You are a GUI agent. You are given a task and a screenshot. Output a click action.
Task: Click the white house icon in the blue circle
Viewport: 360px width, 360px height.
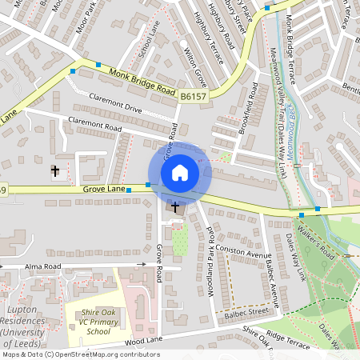click(180, 173)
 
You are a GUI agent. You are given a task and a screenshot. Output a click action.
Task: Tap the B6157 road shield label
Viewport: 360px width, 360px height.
click(191, 96)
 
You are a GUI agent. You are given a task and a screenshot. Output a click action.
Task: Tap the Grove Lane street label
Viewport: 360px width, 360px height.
click(105, 189)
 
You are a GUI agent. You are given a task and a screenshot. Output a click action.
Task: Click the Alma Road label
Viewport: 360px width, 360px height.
click(42, 265)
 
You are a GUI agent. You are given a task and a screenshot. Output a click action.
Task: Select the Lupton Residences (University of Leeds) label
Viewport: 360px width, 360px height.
click(29, 320)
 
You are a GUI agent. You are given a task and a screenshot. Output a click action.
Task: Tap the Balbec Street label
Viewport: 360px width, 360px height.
click(246, 310)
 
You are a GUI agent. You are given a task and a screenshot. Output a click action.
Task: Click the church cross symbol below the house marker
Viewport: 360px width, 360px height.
click(175, 207)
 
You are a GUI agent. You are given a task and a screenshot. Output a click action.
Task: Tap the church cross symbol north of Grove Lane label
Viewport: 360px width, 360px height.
click(55, 170)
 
